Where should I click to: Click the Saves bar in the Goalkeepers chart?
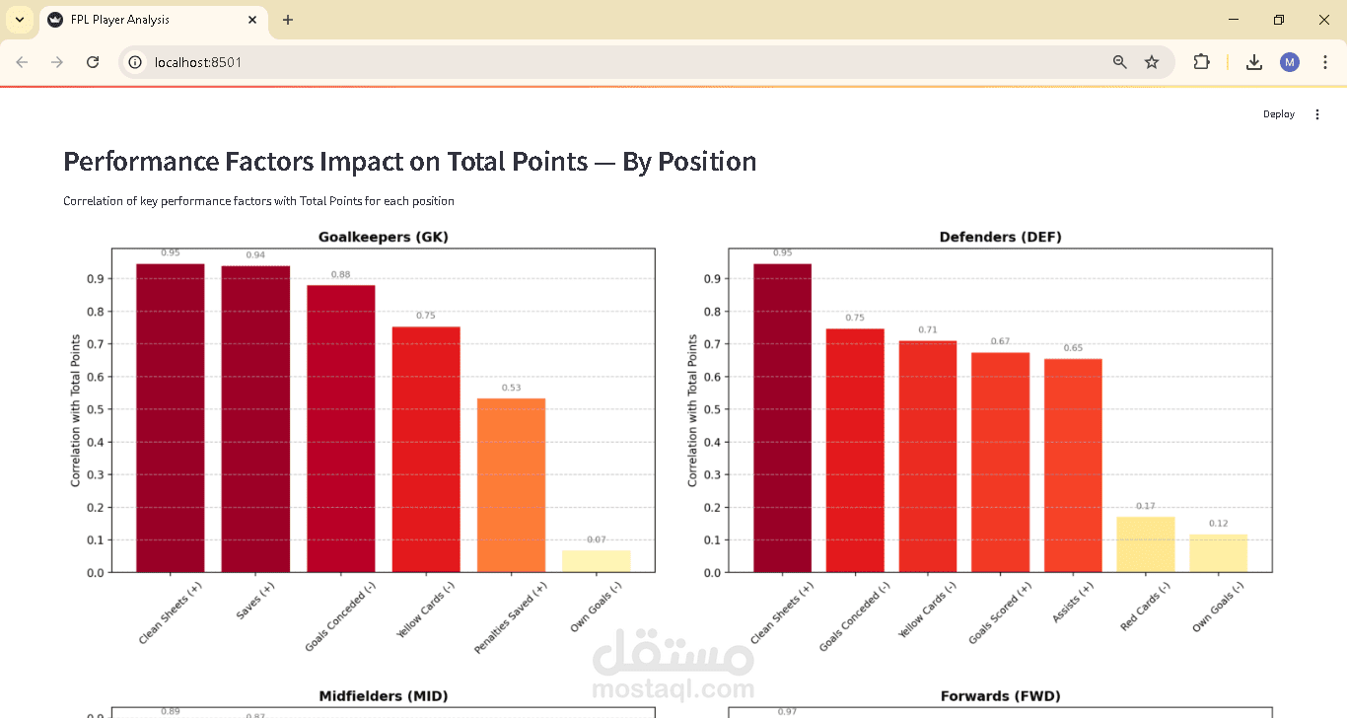tap(255, 419)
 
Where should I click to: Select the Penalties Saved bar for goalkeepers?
tap(511, 485)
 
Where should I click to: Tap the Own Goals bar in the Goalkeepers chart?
tap(597, 561)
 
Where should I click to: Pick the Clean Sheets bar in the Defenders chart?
tap(782, 418)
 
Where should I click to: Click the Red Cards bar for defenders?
tap(1146, 544)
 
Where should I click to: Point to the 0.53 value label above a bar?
tap(511, 388)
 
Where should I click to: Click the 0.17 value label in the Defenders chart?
tap(1146, 506)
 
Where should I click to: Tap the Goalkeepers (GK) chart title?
tap(383, 237)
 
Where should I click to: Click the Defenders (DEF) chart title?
tap(1000, 237)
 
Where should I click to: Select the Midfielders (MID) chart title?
tap(383, 696)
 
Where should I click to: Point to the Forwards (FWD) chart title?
tap(1000, 696)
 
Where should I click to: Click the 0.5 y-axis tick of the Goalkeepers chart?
tap(95, 409)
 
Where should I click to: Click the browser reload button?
tap(93, 62)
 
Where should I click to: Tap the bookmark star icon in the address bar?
tap(1152, 62)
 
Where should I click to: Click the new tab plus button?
tap(288, 20)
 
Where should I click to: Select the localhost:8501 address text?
tap(198, 62)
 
